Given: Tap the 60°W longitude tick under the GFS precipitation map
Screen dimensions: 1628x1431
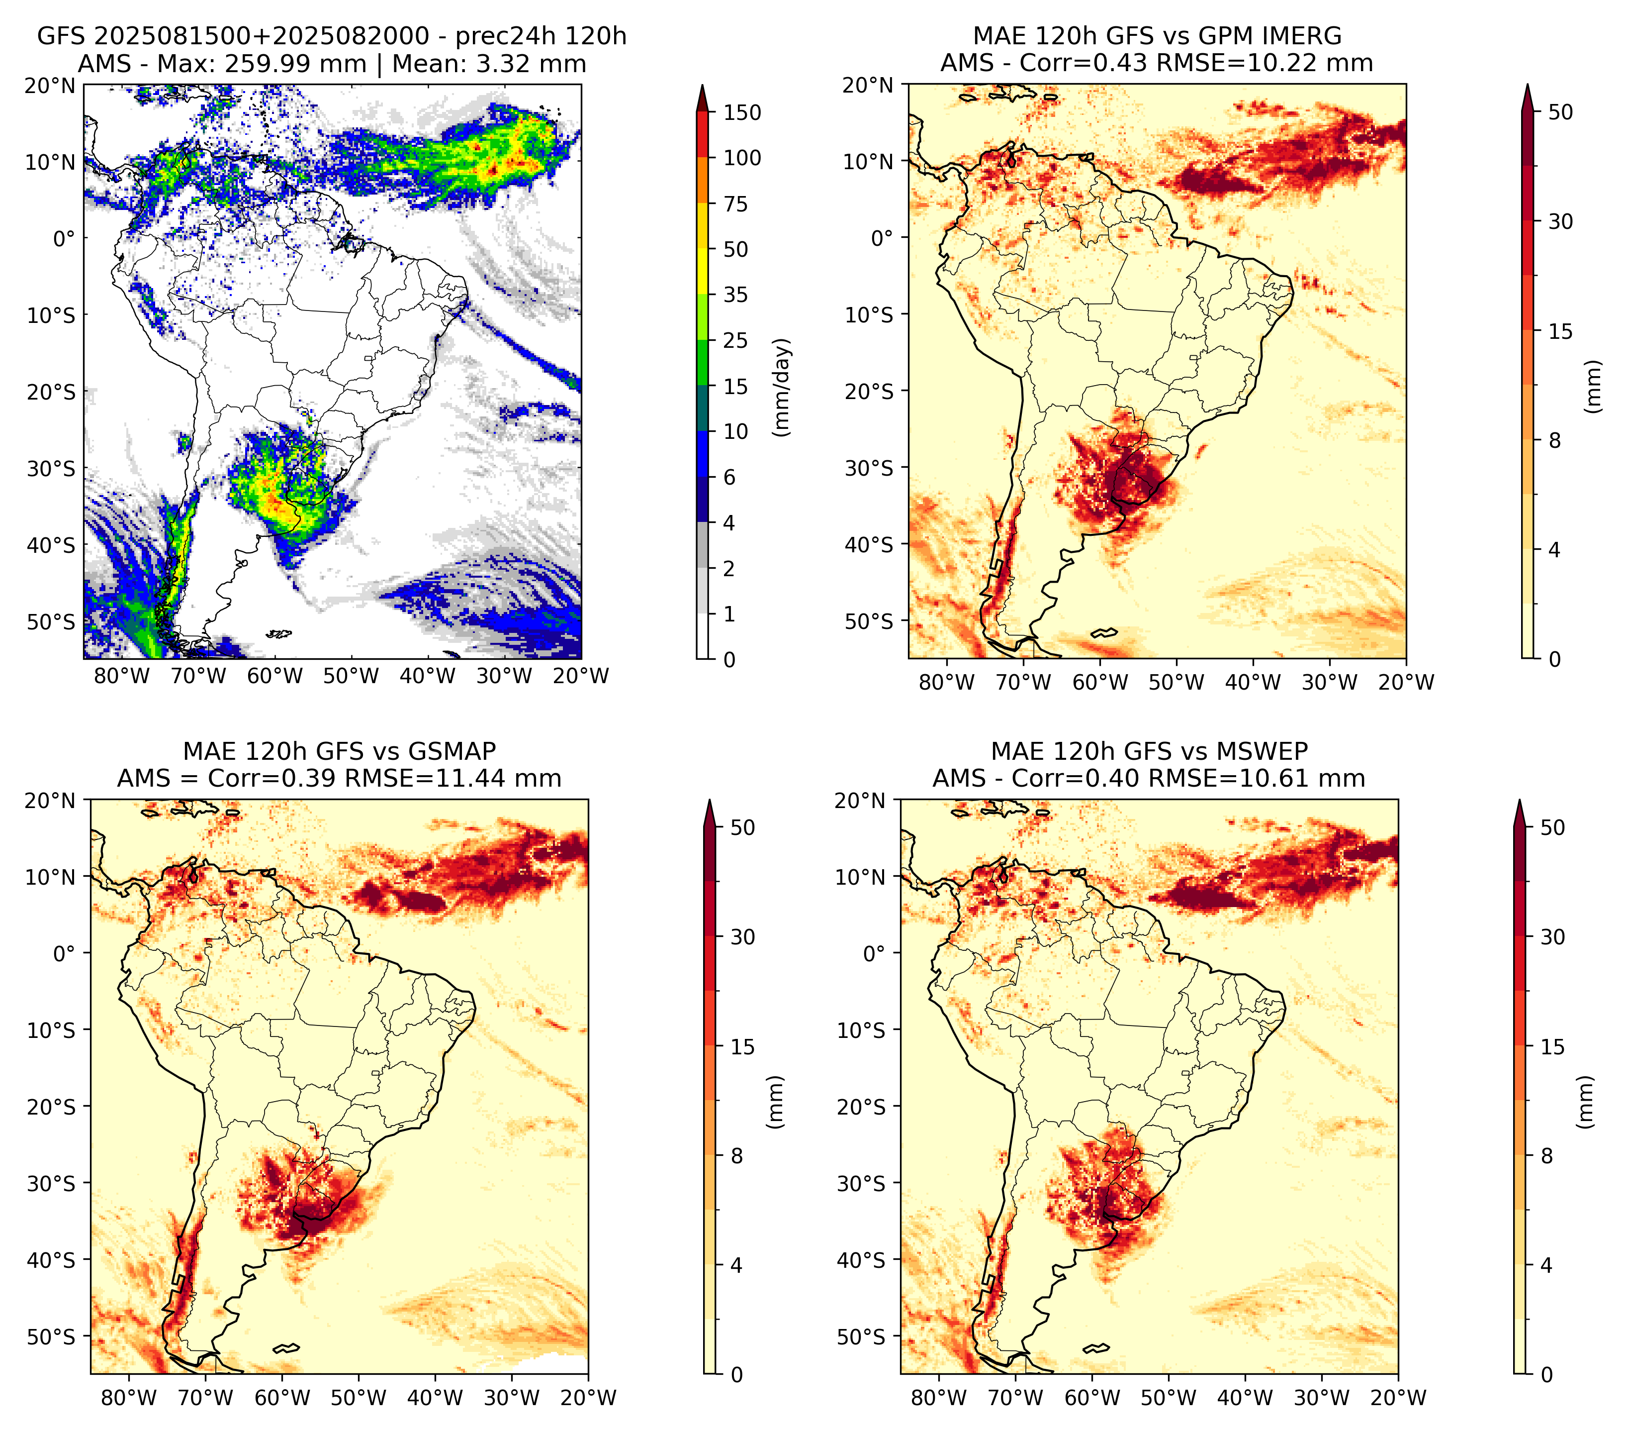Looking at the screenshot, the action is point(275,677).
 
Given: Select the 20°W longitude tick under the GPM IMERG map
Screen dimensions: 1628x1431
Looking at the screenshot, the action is point(1407,683).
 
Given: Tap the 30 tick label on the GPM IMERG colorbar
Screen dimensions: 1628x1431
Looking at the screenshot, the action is point(1560,221).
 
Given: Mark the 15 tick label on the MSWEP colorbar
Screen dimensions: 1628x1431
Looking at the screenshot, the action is point(1552,1046).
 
